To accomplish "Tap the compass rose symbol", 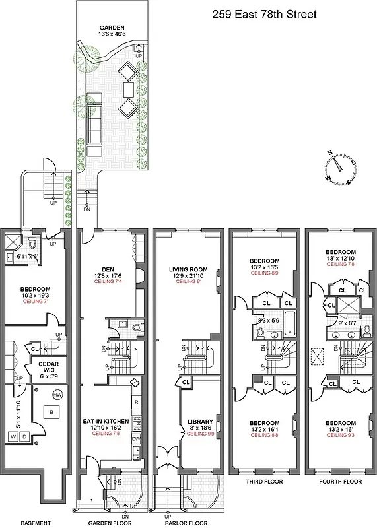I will [341, 167].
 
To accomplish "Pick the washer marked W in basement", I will [12, 436].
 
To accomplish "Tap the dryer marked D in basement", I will [24, 436].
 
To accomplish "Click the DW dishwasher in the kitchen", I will [136, 438].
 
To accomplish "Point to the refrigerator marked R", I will [136, 402].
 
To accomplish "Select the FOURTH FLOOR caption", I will [340, 500].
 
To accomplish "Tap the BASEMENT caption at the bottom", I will [34, 523].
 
